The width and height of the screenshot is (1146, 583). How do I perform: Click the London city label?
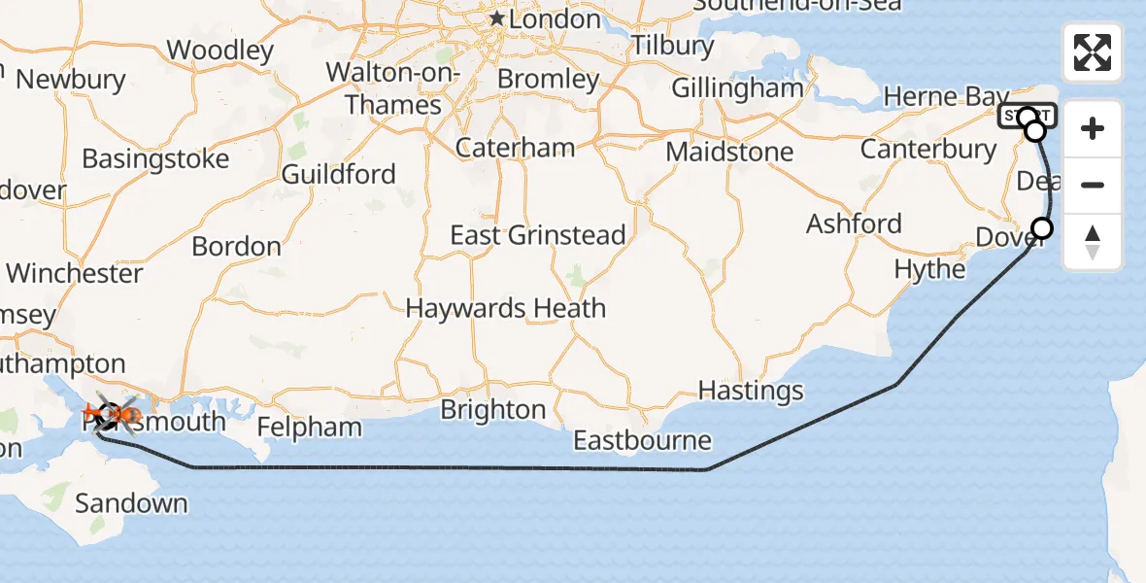(x=555, y=19)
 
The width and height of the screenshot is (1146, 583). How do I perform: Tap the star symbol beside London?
(x=497, y=18)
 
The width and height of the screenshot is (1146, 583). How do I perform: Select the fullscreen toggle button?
(x=1093, y=52)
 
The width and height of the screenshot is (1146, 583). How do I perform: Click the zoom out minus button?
(x=1093, y=185)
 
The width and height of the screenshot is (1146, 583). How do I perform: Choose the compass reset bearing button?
(x=1093, y=241)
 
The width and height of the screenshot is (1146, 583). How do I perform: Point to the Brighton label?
(x=492, y=410)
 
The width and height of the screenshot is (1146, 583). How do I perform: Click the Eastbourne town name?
(x=642, y=441)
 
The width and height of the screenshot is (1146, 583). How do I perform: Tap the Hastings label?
(x=751, y=391)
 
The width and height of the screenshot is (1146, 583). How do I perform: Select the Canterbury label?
(x=928, y=150)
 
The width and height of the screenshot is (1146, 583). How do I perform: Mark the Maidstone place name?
(x=729, y=153)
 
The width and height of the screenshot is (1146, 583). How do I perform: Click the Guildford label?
(x=338, y=175)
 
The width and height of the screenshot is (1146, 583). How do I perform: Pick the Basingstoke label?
(x=155, y=158)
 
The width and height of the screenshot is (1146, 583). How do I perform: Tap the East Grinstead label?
(x=537, y=235)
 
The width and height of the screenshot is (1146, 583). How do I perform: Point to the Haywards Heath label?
(x=505, y=309)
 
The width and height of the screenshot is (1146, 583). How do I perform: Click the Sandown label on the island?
(x=131, y=503)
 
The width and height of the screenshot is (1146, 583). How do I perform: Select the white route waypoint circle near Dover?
(x=1041, y=228)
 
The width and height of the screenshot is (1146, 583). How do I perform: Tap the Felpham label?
(x=309, y=427)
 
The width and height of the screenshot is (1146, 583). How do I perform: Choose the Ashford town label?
(x=854, y=224)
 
